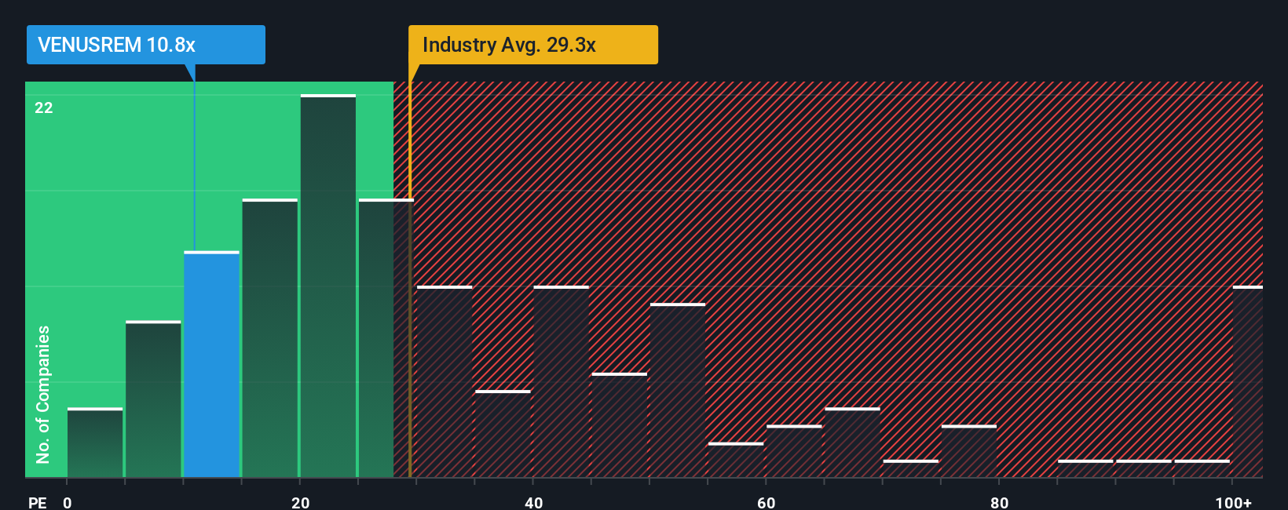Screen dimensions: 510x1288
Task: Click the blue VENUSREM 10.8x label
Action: tap(146, 45)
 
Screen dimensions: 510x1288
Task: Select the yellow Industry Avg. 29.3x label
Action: tap(532, 45)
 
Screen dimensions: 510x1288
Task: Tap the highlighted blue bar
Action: tap(211, 364)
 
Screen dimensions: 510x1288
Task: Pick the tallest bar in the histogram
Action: tap(328, 286)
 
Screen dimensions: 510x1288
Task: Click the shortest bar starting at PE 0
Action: tap(95, 443)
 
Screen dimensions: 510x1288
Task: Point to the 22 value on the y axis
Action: tap(44, 107)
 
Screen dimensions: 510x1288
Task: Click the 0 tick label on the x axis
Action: tap(68, 502)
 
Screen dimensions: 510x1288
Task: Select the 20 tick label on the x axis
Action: tap(300, 502)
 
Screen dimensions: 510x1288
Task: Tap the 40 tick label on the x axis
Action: tap(533, 502)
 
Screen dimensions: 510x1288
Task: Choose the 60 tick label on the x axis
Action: tap(767, 502)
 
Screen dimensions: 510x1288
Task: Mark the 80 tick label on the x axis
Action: tap(999, 502)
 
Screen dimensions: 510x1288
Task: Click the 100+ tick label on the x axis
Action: tap(1233, 502)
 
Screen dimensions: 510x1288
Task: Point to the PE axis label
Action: tap(37, 502)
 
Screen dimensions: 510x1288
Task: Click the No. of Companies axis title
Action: tap(43, 394)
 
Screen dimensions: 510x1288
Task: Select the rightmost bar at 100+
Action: tap(1247, 381)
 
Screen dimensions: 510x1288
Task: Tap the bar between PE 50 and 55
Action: tap(678, 390)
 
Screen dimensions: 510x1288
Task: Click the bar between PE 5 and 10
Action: tap(153, 399)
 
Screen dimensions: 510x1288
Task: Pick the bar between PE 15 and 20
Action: tap(270, 338)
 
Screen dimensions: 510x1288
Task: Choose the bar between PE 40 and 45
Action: tap(562, 381)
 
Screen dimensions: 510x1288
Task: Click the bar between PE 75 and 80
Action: tap(969, 451)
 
